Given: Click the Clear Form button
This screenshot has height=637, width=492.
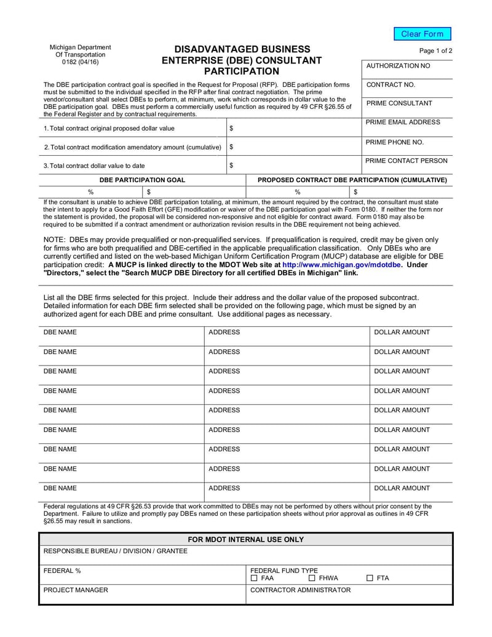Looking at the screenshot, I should tap(422, 34).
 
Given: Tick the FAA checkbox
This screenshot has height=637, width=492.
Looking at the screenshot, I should tap(255, 579).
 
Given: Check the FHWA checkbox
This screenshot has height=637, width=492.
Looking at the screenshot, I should tap(312, 579).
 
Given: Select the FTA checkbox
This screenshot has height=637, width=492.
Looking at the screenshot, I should tap(370, 579).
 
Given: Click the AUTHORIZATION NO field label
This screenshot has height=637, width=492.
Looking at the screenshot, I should tap(398, 66).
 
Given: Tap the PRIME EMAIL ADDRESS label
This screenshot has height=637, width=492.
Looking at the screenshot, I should tap(403, 122).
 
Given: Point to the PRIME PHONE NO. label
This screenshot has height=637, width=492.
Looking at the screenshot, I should tap(395, 142).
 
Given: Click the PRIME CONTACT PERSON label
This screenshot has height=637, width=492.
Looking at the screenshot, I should tap(407, 161).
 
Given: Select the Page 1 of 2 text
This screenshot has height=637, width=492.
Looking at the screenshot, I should tap(435, 51).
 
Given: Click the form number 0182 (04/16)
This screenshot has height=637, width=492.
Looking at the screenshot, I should tap(80, 62).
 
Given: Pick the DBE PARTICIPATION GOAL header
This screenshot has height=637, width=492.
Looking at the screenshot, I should tap(142, 180).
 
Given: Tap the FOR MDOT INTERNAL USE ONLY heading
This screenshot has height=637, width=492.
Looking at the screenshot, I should tap(245, 540).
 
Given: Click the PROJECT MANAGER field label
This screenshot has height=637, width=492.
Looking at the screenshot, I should tap(76, 590).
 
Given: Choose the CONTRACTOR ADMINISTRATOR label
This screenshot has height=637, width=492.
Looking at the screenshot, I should tap(301, 590).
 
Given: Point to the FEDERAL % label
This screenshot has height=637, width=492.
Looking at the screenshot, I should tap(62, 571).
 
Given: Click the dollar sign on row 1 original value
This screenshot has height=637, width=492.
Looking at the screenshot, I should tap(231, 129).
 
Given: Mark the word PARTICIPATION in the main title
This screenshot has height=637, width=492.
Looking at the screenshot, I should tap(242, 71).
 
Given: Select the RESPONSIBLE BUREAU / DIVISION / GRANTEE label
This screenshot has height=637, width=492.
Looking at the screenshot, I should tap(116, 551).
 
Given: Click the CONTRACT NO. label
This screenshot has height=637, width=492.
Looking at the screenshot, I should tap(391, 84).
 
